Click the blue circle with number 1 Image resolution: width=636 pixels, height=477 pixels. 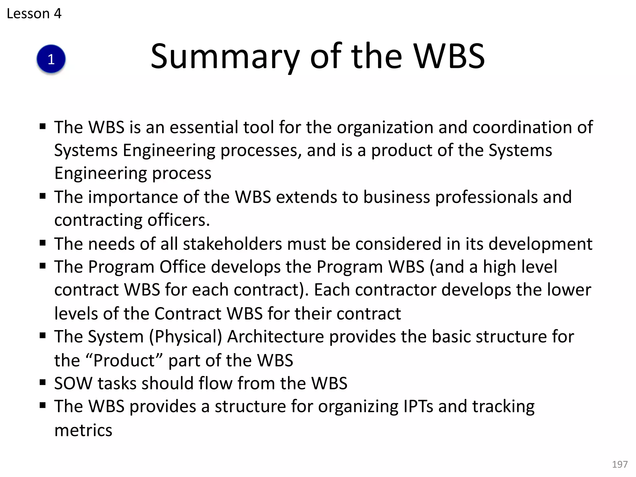pyautogui.click(x=51, y=59)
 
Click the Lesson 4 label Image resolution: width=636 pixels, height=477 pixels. pyautogui.click(x=34, y=14)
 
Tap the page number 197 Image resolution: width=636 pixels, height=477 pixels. pyautogui.click(x=620, y=464)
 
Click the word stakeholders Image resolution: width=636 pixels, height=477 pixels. pyautogui.click(x=232, y=244)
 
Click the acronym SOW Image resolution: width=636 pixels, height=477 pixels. pyautogui.click(x=73, y=384)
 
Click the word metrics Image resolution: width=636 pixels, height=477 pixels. pyautogui.click(x=83, y=430)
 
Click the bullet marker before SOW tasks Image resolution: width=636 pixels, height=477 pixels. pyautogui.click(x=43, y=382)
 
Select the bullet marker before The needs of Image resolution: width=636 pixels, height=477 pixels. pyautogui.click(x=43, y=243)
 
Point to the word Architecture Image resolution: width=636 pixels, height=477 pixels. pyautogui.click(x=275, y=337)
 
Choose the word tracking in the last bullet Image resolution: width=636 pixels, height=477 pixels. pyautogui.click(x=503, y=407)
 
